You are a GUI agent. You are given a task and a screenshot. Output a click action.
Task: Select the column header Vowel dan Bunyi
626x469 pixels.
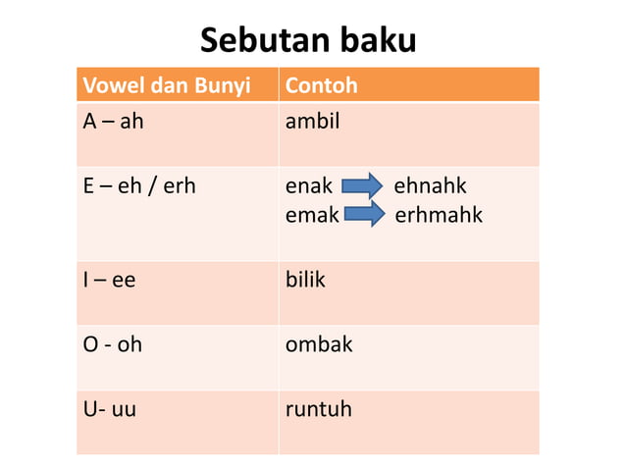click(x=166, y=86)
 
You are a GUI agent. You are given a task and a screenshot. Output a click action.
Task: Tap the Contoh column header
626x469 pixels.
click(x=321, y=86)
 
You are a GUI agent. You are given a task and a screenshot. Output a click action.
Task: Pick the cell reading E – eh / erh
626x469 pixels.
click(x=138, y=186)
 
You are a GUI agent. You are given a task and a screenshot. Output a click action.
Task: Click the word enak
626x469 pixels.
click(x=308, y=186)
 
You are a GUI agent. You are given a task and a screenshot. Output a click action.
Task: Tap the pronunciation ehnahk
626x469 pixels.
click(x=430, y=186)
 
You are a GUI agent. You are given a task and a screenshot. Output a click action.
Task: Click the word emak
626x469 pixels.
click(x=311, y=214)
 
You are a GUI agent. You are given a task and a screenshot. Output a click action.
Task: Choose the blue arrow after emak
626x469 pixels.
click(x=365, y=214)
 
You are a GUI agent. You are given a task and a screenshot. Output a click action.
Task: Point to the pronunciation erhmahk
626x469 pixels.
click(x=438, y=214)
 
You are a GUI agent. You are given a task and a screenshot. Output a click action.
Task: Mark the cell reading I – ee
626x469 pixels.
click(x=108, y=280)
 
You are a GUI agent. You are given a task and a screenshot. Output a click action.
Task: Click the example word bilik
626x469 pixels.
click(x=304, y=280)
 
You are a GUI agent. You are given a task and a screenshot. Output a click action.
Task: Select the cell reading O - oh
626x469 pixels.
click(x=111, y=345)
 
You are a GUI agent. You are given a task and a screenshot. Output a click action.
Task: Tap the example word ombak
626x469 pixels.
click(x=318, y=345)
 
